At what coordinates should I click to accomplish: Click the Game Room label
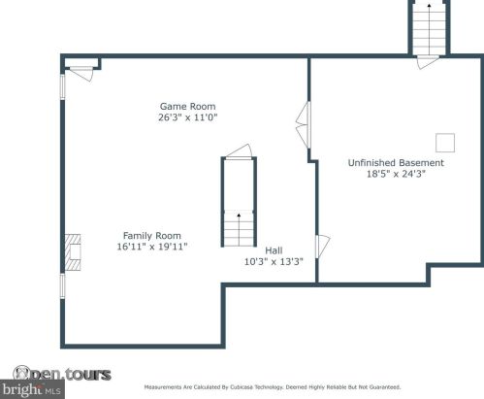coord(187,106)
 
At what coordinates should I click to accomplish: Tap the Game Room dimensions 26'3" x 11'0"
coord(187,117)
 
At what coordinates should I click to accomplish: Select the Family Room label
coord(152,236)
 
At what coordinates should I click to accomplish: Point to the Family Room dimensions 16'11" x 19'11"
coord(152,247)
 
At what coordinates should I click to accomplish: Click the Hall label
coord(274,250)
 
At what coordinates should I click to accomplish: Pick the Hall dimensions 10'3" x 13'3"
coord(274,261)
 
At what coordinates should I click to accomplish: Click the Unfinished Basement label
coord(396,163)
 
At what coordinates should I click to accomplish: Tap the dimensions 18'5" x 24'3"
coord(396,174)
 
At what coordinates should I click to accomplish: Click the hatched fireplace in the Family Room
coord(73,252)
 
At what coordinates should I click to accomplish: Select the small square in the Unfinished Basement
coord(445,143)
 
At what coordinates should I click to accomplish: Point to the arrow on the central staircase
coord(239,229)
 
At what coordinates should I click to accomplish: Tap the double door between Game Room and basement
coord(304,125)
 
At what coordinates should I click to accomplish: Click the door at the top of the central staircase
coord(239,151)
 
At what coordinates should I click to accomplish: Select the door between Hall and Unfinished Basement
coord(323,247)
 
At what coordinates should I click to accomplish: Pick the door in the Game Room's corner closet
coord(81,74)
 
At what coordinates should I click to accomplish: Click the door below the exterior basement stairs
coord(428,62)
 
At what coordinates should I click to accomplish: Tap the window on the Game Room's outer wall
coord(63,86)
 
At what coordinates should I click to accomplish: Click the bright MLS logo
coord(32,389)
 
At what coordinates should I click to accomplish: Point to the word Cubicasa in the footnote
coord(241,387)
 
